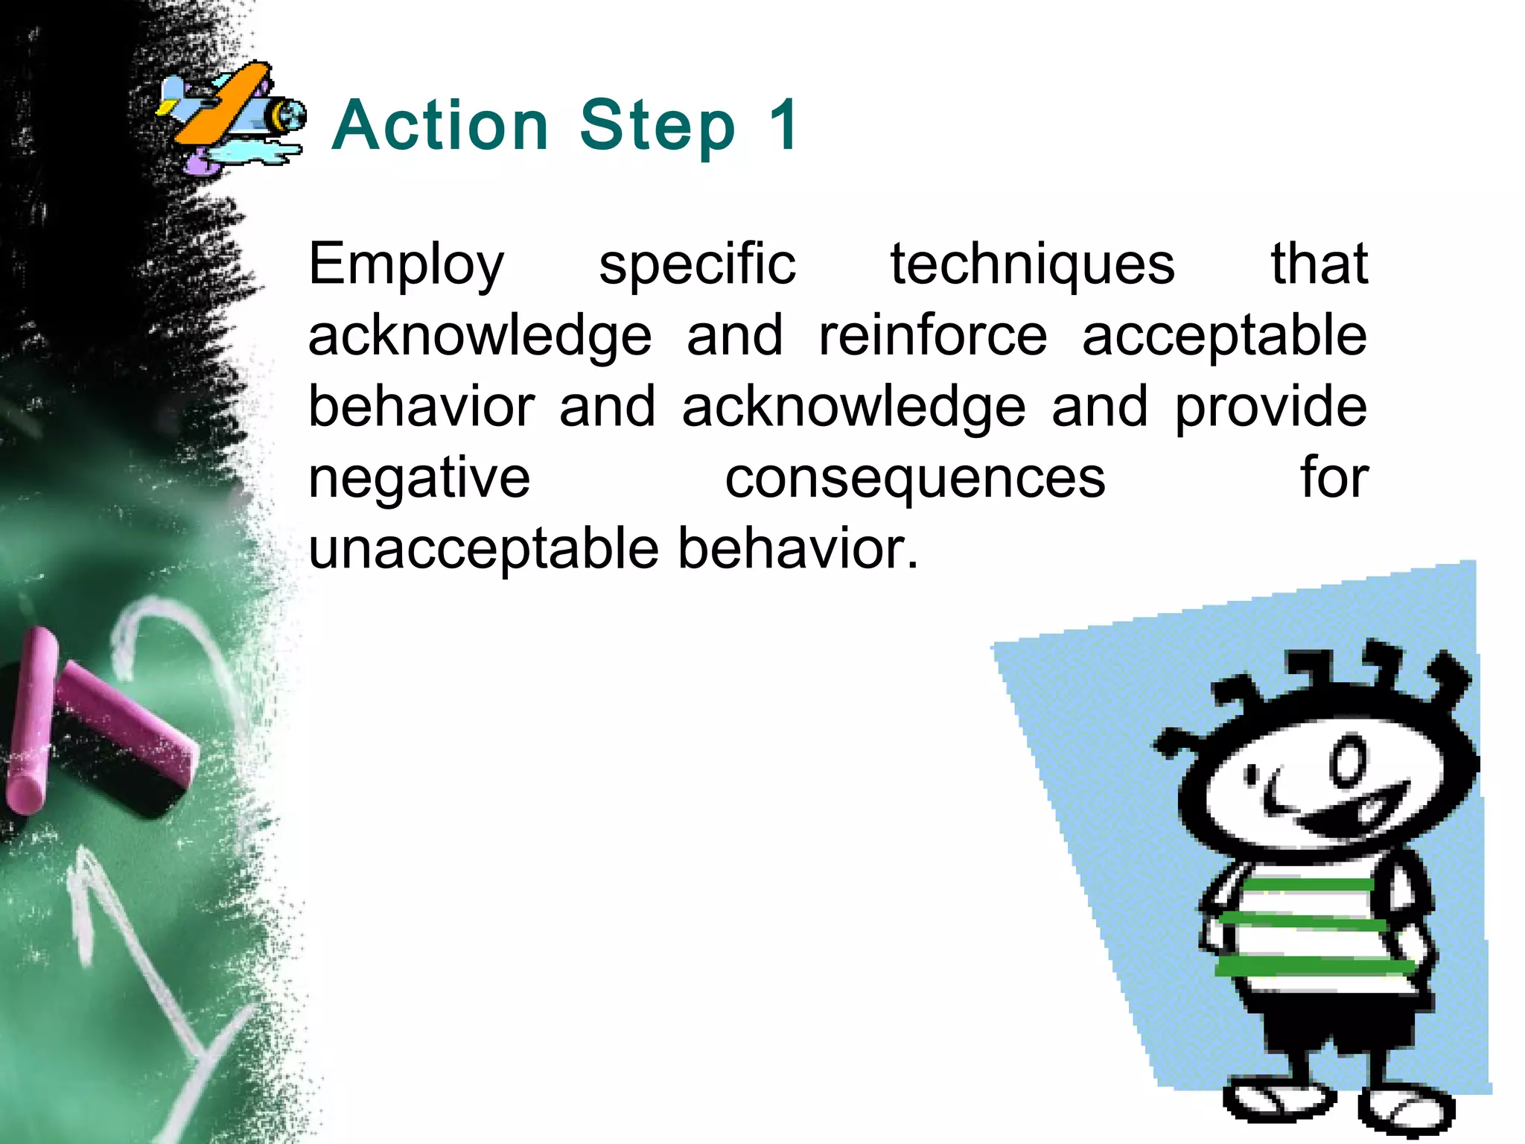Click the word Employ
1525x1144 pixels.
407,265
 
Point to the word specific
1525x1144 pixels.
697,265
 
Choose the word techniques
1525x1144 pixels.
1032,265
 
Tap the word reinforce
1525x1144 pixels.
933,336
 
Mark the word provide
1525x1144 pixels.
1270,407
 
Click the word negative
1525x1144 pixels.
419,478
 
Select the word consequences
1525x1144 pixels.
915,478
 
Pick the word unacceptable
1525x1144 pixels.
484,549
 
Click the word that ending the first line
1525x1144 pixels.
1319,265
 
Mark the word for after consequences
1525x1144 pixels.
1334,478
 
